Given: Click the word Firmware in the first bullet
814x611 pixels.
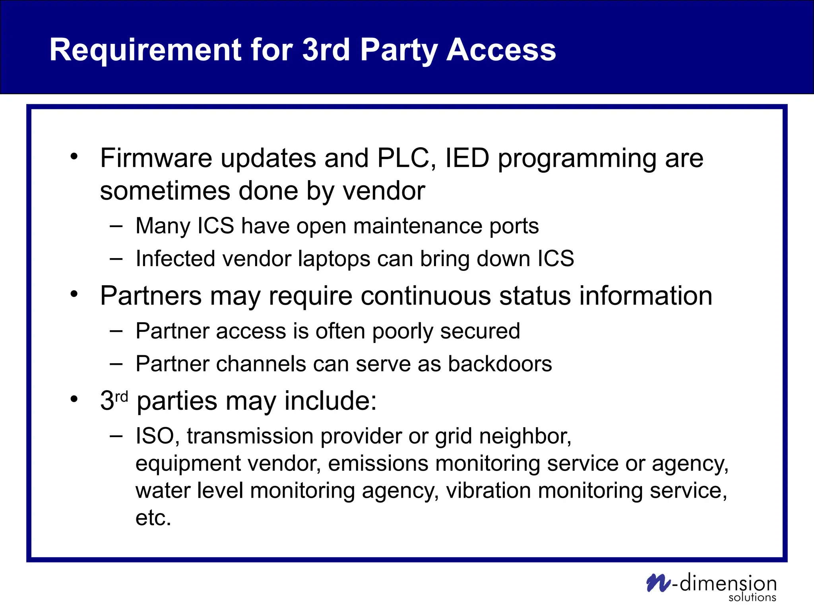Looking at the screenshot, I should pos(156,158).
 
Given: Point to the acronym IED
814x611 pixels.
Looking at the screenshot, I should pos(467,158).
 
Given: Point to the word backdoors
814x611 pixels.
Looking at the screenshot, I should pos(500,364).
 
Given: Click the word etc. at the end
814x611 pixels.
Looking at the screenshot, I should pos(153,518).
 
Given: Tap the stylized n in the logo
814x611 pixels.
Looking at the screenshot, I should pos(658,583).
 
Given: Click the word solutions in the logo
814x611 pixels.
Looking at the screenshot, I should pos(752,597).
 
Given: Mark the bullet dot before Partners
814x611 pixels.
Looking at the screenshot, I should pos(74,295).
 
